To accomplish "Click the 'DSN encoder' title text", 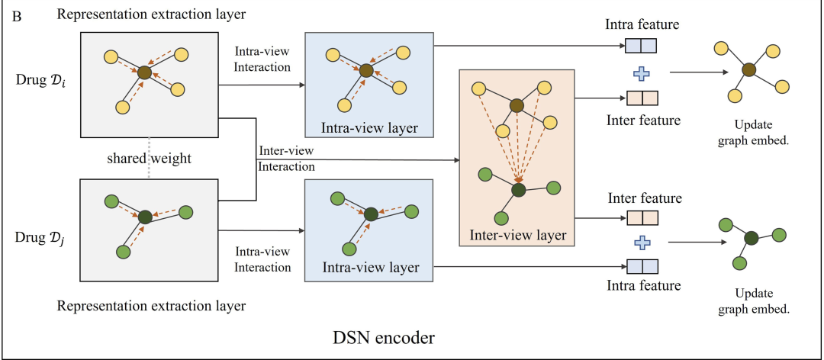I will point(384,336).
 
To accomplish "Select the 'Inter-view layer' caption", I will point(518,236).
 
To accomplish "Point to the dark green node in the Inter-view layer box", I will point(519,188).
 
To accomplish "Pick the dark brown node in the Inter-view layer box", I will point(517,106).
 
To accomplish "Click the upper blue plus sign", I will point(642,74).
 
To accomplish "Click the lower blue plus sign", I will point(642,243).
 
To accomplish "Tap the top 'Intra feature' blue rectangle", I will point(642,49).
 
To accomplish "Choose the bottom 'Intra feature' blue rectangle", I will point(642,266).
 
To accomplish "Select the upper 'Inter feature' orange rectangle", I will point(642,98).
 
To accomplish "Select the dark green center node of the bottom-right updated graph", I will point(751,238).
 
